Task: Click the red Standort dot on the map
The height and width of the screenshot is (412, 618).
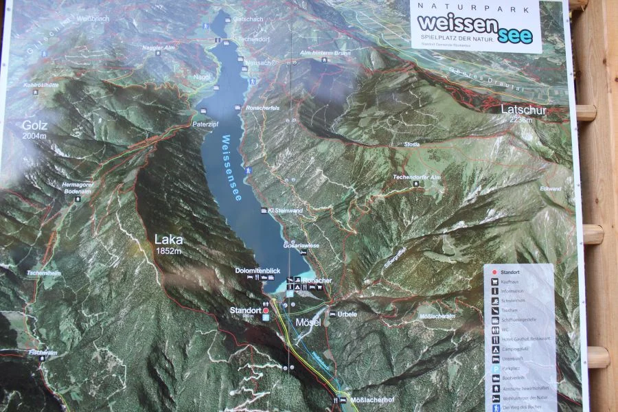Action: click(x=266, y=310)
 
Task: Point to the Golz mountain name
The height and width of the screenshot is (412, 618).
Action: click(x=34, y=126)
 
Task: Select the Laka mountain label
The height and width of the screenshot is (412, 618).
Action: click(x=168, y=240)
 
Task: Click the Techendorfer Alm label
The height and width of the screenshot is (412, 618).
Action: click(x=416, y=177)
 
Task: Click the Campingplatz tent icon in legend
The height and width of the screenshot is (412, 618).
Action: click(x=494, y=349)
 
